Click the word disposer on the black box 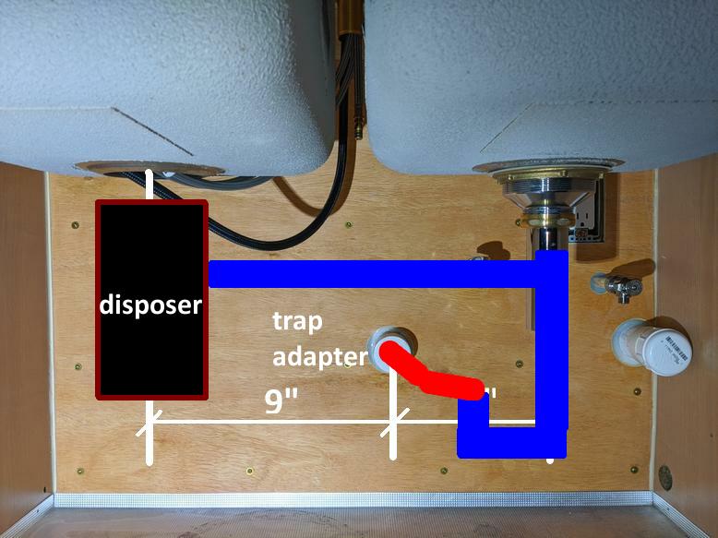point(150,304)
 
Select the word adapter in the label point(320,356)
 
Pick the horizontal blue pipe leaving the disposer point(369,273)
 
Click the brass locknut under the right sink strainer point(544,221)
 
